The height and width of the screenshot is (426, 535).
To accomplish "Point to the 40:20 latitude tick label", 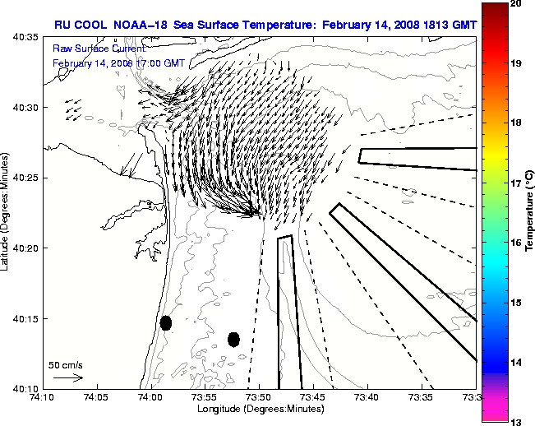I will (25, 248).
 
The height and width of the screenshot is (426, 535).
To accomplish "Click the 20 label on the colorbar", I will (516, 3).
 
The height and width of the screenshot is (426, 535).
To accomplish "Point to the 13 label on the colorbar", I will (516, 422).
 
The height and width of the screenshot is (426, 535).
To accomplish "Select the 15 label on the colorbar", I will (516, 303).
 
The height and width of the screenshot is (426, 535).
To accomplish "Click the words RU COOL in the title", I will (79, 25).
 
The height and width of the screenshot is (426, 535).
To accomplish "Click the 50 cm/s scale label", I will (65, 364).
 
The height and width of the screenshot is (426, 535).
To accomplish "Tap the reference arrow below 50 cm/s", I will (69, 377).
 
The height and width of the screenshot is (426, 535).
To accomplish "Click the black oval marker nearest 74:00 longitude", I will (166, 322).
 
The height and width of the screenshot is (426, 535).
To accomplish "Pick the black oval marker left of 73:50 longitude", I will (233, 339).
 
